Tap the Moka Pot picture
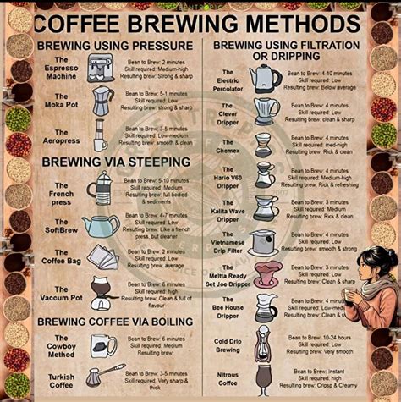click(x=102, y=101)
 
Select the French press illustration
click(x=102, y=188)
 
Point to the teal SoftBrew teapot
click(x=101, y=225)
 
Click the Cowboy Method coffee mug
click(x=103, y=344)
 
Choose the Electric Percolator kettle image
click(x=265, y=79)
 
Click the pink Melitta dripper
click(x=266, y=273)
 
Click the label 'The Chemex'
click(x=228, y=142)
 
